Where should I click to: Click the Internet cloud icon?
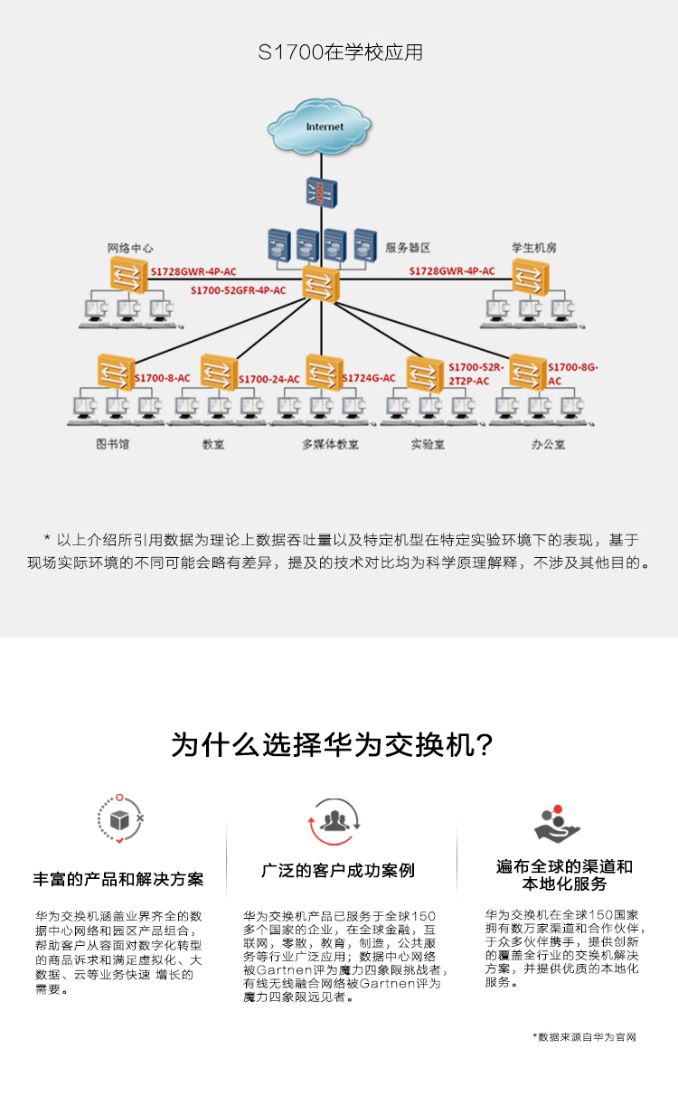coord(319,127)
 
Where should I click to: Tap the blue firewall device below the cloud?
coord(322,193)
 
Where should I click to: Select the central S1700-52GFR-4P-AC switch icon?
coord(321,284)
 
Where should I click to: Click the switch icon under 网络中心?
coord(128,275)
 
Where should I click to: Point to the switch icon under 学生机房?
coord(531,278)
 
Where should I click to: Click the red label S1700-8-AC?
coord(163,378)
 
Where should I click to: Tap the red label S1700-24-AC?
coord(269,379)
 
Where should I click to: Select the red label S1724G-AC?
coord(369,378)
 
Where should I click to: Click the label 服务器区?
coord(408,248)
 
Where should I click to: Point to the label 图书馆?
coord(112,444)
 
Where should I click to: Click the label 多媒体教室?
coord(330,444)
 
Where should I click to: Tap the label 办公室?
coord(548,444)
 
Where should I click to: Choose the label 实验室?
coord(428,444)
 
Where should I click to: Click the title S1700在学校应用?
coord(341,52)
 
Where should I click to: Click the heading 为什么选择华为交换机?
coord(332,745)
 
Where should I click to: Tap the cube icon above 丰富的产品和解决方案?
coord(120,819)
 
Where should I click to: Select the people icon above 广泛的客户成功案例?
coord(334,821)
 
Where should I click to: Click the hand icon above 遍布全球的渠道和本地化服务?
coord(557,824)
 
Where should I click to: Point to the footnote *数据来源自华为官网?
coord(585,1037)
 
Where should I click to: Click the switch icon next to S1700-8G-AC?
coord(528,373)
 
